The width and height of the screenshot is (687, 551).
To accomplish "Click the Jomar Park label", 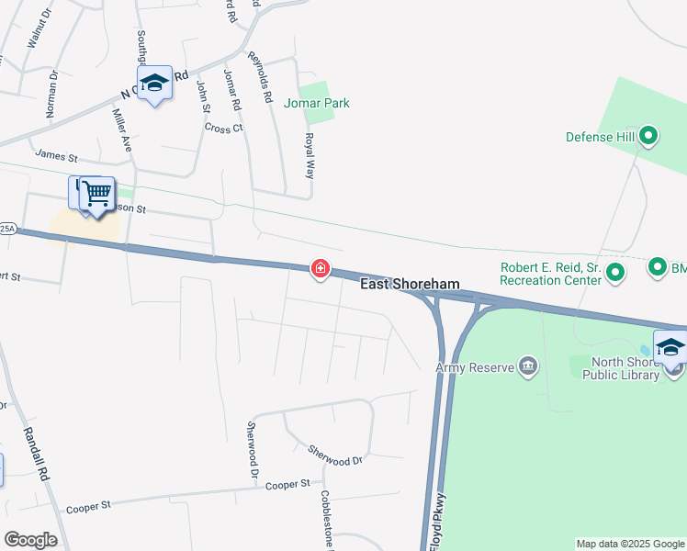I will pos(317,104).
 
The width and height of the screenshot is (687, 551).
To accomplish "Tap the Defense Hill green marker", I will pos(649,137).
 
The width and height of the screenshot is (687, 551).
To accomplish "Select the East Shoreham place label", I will pos(409,285).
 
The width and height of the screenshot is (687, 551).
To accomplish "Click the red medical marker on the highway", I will pos(321,269).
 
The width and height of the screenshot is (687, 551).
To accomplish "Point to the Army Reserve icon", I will pos(528,366).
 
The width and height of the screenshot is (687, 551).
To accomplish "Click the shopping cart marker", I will pos(96,194).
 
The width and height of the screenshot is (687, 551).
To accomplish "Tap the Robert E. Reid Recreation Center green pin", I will pos(615,272).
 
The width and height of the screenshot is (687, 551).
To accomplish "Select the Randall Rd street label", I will pos(38,459).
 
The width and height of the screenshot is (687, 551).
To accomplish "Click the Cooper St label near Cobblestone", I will pos(282,484).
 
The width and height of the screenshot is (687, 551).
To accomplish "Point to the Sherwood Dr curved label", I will pos(335,455).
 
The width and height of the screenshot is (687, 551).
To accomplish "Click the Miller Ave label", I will pos(120,129).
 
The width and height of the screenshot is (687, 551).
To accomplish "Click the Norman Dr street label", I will pos(51,95).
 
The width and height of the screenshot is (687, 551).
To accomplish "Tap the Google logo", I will pos(30,540).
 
